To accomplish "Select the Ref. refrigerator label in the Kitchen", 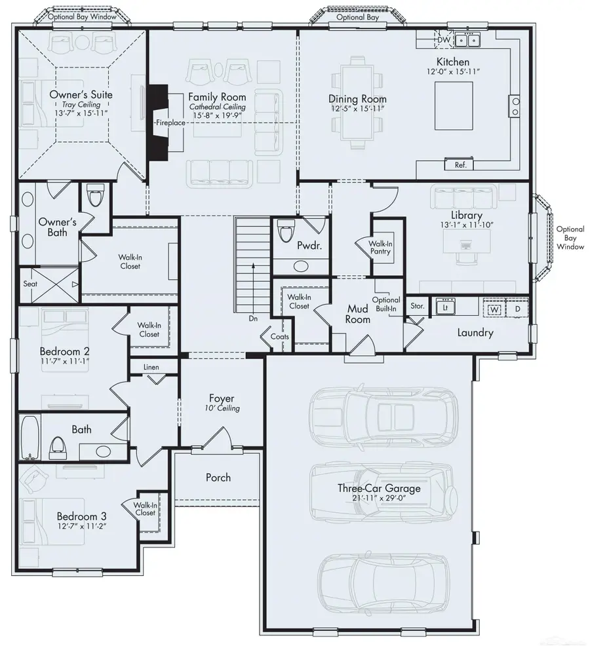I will coord(460,165).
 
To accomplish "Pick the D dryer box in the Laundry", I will coord(517,307).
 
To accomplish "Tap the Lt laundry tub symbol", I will coord(445,307).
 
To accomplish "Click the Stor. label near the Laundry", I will coord(417,306).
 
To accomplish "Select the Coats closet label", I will coord(279,337).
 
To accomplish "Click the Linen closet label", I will coord(151,367).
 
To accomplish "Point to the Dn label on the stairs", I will coord(253,319).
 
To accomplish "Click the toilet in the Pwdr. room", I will coord(286,232).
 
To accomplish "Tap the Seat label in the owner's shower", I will coord(30,284).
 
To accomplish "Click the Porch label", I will coord(218,478).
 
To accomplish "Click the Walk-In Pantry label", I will coord(381,247).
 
